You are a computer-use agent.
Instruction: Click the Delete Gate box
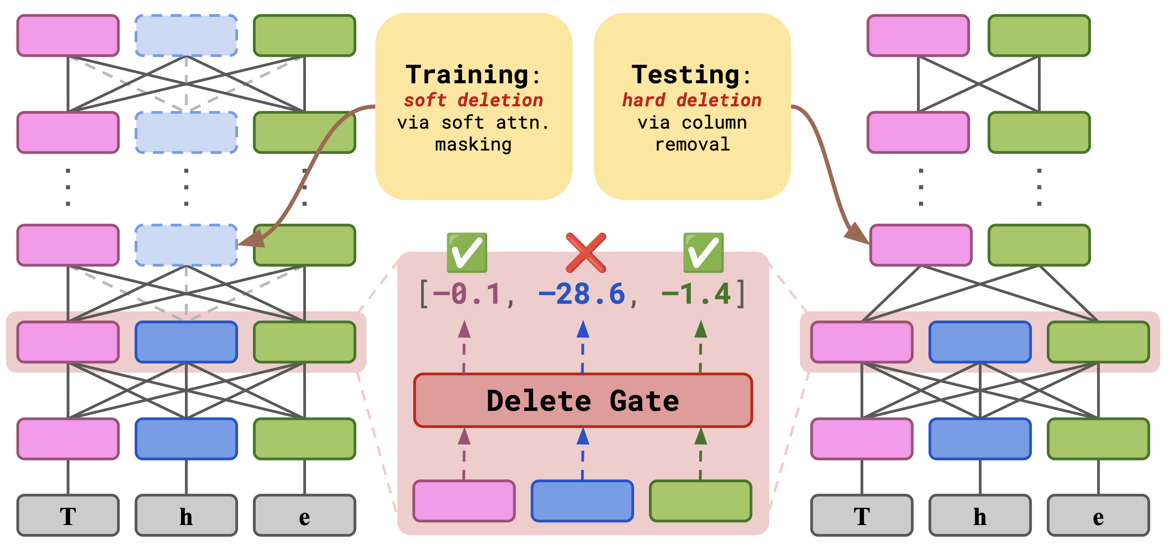click(x=583, y=400)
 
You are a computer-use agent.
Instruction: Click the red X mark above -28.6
click(x=585, y=252)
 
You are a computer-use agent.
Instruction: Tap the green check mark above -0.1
click(x=467, y=252)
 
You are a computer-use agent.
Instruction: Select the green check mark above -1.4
click(x=703, y=252)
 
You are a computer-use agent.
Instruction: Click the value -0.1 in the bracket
click(x=467, y=294)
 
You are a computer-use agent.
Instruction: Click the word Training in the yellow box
click(x=467, y=74)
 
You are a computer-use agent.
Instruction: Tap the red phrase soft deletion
click(x=473, y=100)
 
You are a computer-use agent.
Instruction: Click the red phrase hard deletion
click(x=692, y=100)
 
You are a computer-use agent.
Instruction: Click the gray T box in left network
click(x=68, y=516)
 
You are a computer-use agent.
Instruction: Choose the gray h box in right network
click(x=980, y=516)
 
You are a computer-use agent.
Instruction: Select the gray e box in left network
click(x=304, y=516)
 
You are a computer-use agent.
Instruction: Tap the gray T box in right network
click(x=862, y=516)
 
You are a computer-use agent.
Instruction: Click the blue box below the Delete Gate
click(x=582, y=501)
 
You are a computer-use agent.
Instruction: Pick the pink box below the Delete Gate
click(x=464, y=501)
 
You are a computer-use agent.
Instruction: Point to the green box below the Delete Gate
click(x=700, y=501)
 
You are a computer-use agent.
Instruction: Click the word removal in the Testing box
click(x=692, y=144)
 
